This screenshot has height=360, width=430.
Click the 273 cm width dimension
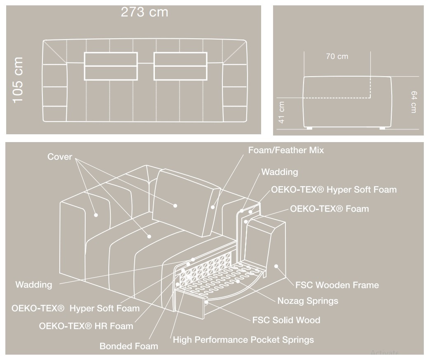tap(145, 12)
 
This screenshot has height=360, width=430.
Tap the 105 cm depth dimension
tap(18, 80)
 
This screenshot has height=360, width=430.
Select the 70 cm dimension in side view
tap(337, 56)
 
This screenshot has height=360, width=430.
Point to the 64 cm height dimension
tap(414, 102)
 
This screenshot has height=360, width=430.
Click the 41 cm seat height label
tap(281, 112)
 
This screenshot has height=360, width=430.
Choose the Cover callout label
tap(59, 157)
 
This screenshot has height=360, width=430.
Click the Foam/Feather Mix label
tap(286, 150)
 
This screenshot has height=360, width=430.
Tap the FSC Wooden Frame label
tap(337, 285)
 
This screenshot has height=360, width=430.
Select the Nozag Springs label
tap(308, 301)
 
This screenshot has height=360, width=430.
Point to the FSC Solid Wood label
tap(286, 320)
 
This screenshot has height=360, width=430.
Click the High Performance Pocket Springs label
tap(243, 340)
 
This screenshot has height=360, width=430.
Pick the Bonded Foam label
tap(129, 346)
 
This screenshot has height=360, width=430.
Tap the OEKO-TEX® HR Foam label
tap(86, 326)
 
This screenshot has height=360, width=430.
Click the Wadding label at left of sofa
tap(34, 285)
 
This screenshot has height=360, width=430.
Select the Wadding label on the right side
tap(280, 172)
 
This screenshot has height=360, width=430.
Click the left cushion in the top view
tap(111, 66)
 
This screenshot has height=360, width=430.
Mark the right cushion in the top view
tap(180, 66)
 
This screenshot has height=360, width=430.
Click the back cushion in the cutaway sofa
tap(186, 203)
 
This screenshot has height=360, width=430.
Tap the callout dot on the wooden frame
tap(276, 266)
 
